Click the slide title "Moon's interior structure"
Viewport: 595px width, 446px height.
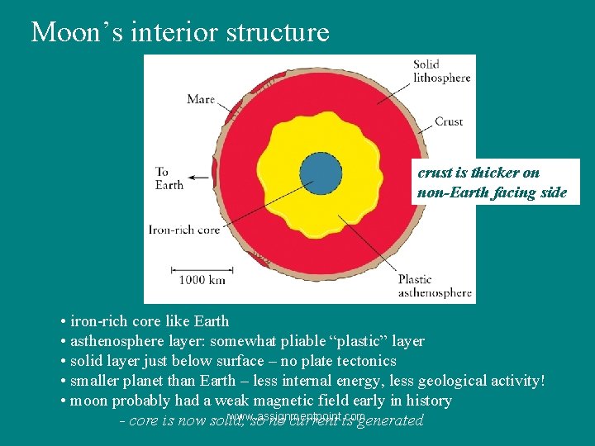pyautogui.click(x=180, y=32)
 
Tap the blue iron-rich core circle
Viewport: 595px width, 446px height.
pyautogui.click(x=321, y=173)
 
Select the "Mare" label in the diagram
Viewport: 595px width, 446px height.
pyautogui.click(x=201, y=100)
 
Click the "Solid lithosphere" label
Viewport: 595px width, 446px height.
pyautogui.click(x=441, y=71)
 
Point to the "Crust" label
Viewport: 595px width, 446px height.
pyautogui.click(x=449, y=121)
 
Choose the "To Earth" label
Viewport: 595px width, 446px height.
pyautogui.click(x=169, y=178)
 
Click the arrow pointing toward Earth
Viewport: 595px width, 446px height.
pyautogui.click(x=198, y=176)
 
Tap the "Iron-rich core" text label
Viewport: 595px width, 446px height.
pyautogui.click(x=184, y=230)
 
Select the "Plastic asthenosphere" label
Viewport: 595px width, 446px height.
pyautogui.click(x=435, y=286)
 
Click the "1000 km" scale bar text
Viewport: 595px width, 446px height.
pyautogui.click(x=202, y=279)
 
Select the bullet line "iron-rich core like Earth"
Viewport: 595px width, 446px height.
pyautogui.click(x=150, y=321)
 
